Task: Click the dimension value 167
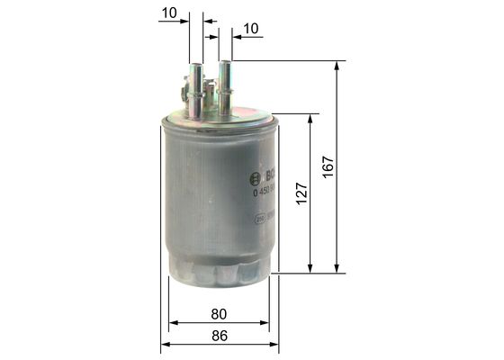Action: pyautogui.click(x=328, y=166)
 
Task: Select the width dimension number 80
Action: pyautogui.click(x=219, y=314)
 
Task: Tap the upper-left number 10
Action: pyautogui.click(x=167, y=13)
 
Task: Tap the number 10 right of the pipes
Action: pyautogui.click(x=250, y=29)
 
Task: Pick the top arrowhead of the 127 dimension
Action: pyautogui.click(x=311, y=118)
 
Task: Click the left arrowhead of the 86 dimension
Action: pyautogui.click(x=166, y=345)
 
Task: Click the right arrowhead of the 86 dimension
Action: pyautogui.click(x=274, y=345)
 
